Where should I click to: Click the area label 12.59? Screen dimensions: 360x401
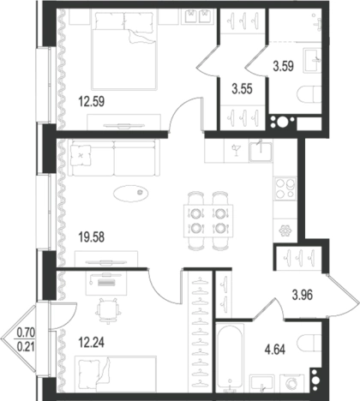click(x=92, y=102)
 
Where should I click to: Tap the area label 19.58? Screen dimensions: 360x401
click(x=92, y=237)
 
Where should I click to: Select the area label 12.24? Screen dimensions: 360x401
click(x=92, y=342)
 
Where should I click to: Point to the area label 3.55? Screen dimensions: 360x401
click(x=242, y=89)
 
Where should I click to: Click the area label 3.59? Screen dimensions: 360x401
click(x=284, y=67)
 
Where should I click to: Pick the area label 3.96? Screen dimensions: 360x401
click(x=303, y=296)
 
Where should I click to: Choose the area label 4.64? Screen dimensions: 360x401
click(x=275, y=350)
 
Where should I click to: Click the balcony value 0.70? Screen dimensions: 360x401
click(x=26, y=333)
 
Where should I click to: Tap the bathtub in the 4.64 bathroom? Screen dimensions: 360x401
click(x=230, y=357)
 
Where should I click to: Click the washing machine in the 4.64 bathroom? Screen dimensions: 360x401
click(x=291, y=383)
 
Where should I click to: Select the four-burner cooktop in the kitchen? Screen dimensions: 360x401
click(x=285, y=189)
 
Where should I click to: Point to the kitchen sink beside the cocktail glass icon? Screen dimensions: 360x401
click(x=261, y=152)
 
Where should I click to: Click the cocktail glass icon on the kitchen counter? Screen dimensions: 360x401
click(x=237, y=150)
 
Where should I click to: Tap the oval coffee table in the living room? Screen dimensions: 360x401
click(x=131, y=194)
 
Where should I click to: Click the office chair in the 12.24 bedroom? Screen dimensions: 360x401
click(x=108, y=311)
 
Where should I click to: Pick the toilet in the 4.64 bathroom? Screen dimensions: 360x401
click(x=309, y=343)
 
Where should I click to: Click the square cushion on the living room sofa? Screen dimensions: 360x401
click(x=81, y=155)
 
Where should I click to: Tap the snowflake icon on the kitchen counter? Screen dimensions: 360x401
click(x=285, y=230)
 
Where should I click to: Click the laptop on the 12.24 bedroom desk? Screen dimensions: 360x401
click(x=106, y=281)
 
